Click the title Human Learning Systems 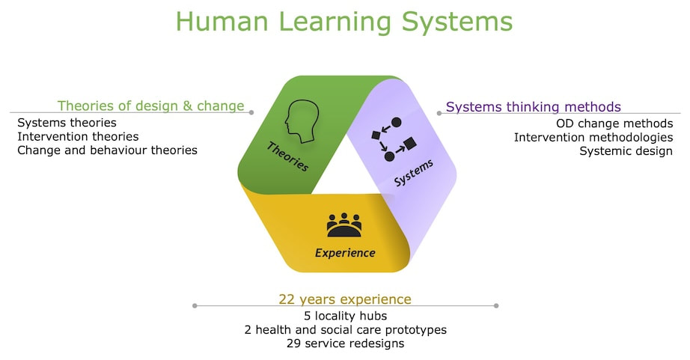(x=344, y=22)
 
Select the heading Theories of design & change (x=150, y=106)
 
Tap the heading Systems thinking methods (x=533, y=107)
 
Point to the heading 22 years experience (x=344, y=299)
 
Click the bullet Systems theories (x=67, y=123)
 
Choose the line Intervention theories (x=78, y=136)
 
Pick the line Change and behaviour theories (x=107, y=150)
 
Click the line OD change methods (x=614, y=123)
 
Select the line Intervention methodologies (x=593, y=137)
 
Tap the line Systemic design (x=626, y=150)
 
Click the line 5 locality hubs (x=345, y=316)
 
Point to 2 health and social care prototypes (x=345, y=329)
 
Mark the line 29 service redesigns (x=345, y=344)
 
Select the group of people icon (x=344, y=225)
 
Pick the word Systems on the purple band (x=413, y=174)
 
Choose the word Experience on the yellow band (x=344, y=253)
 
